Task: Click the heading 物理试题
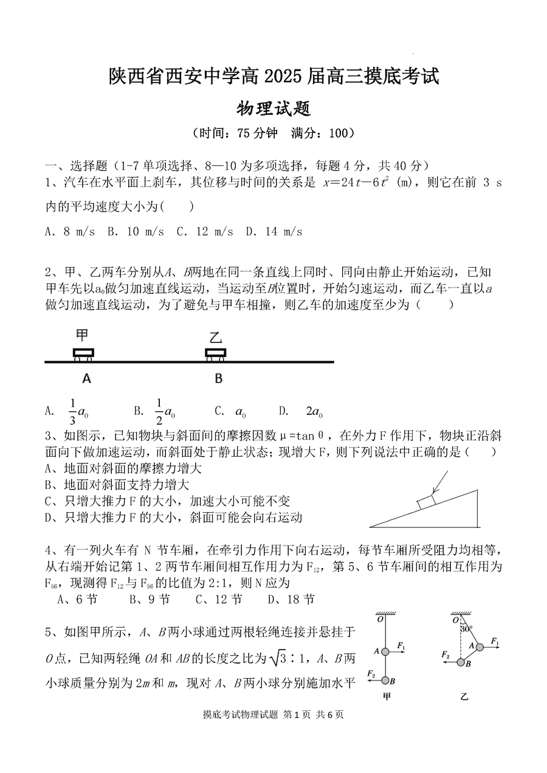click(273, 108)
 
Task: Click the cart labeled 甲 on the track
click(83, 353)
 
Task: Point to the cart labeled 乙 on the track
click(216, 353)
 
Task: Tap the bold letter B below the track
click(218, 379)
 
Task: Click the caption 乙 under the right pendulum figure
click(465, 698)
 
